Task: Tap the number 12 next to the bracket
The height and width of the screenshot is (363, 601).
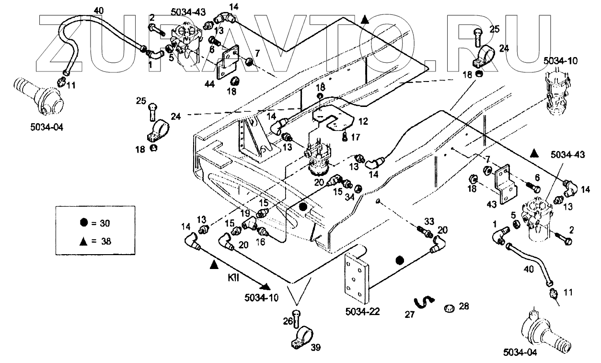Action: [x=363, y=122]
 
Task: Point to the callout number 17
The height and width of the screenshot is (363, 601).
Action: [x=356, y=137]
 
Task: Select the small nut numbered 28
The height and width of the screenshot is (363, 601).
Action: [x=449, y=307]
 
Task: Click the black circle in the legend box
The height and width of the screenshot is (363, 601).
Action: [x=84, y=223]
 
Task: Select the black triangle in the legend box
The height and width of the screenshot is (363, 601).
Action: [x=84, y=241]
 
